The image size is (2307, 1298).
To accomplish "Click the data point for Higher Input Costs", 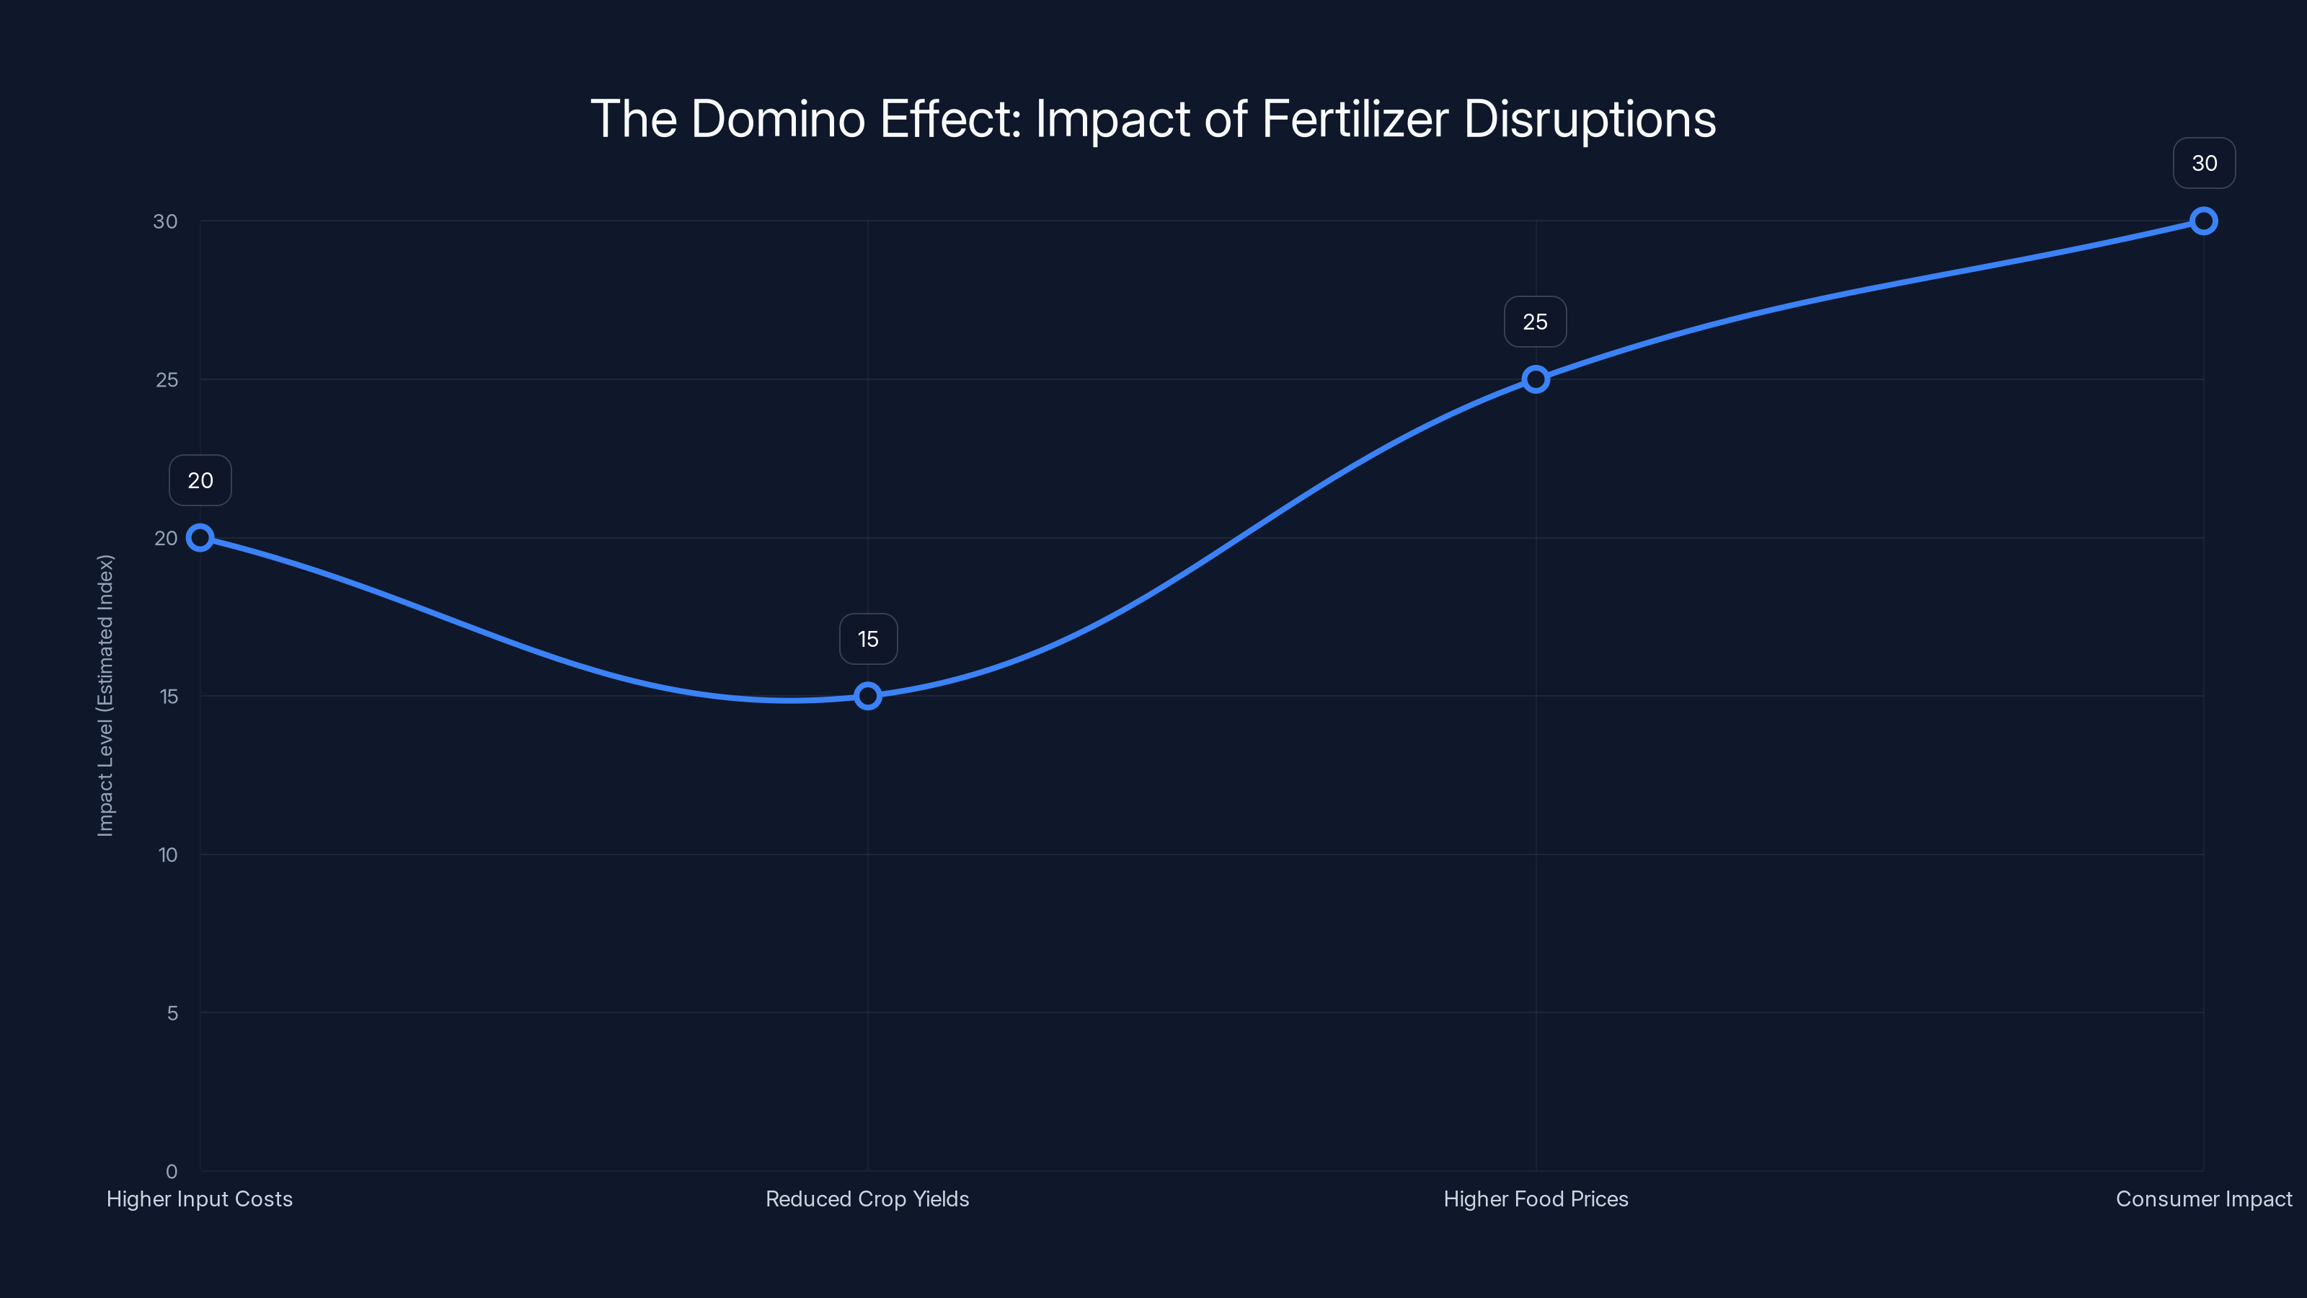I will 200,537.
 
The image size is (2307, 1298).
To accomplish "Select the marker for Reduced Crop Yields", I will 867,696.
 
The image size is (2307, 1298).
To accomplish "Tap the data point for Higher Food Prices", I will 1535,379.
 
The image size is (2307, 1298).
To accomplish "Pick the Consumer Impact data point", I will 2203,221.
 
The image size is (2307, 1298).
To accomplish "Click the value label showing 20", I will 200,480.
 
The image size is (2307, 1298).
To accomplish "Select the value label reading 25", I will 1535,322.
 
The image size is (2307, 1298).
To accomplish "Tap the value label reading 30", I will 2204,163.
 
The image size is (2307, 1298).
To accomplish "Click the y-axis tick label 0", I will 171,1171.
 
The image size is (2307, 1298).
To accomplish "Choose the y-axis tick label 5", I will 172,1013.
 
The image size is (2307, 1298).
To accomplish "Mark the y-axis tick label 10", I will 167,855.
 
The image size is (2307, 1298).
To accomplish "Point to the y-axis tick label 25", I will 167,380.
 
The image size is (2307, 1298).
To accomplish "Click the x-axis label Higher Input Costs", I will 200,1198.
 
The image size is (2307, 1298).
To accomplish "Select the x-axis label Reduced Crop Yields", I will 867,1198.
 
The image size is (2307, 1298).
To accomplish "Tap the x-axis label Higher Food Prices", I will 1535,1198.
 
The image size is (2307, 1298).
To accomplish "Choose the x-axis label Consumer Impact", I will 2203,1198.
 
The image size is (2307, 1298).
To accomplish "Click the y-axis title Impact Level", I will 106,695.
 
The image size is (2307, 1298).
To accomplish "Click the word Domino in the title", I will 777,119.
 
